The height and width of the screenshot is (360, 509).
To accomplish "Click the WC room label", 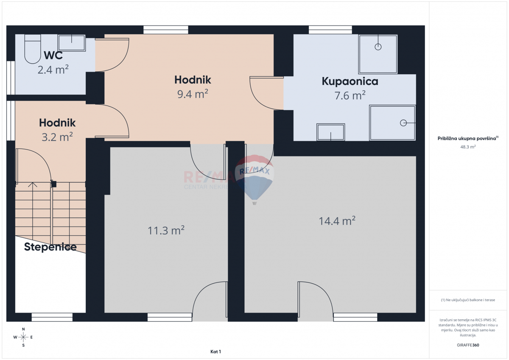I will click(53, 56).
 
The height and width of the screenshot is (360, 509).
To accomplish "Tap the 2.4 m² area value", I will click(53, 69).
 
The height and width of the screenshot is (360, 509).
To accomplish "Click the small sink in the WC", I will click(71, 43).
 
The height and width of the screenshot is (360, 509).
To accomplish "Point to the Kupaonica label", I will click(350, 81).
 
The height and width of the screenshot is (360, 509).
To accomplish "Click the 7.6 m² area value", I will click(350, 95).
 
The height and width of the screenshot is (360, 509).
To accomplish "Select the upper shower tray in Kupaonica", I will click(378, 54).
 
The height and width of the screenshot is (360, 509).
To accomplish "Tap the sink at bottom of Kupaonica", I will click(330, 132).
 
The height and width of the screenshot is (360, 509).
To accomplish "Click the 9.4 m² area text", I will click(193, 94).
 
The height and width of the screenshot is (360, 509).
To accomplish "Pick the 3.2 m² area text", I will click(57, 136).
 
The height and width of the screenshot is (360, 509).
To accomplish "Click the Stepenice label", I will click(50, 247).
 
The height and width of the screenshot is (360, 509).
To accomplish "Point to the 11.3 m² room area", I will click(166, 230).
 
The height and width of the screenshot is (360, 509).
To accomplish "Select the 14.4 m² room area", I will click(337, 220).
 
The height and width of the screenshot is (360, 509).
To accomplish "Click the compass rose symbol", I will click(23, 337).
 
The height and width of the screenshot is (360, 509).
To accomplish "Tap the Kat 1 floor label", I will click(215, 352).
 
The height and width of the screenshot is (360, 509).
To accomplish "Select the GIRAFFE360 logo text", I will click(468, 345).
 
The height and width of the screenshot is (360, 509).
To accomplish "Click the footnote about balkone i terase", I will click(468, 300).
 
